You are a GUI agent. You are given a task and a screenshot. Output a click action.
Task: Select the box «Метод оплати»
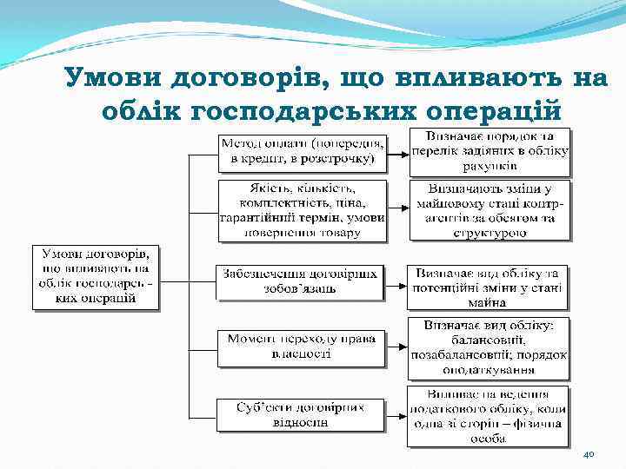[x=302, y=152]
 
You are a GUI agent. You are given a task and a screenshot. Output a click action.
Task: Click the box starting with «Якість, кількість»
[x=302, y=208]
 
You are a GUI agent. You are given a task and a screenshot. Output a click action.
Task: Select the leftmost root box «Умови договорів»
[x=96, y=277]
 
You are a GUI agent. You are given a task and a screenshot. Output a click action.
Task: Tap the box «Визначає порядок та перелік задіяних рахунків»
[x=489, y=151]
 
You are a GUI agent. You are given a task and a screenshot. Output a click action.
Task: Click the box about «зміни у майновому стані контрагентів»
[x=489, y=209]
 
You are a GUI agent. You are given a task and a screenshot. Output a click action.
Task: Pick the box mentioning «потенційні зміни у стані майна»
[x=489, y=287]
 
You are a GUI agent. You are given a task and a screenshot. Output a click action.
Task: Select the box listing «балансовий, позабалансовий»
[x=489, y=347]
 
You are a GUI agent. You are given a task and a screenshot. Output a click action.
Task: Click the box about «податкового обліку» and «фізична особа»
[x=489, y=415]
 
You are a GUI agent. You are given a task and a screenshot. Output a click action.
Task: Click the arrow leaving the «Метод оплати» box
[x=397, y=154]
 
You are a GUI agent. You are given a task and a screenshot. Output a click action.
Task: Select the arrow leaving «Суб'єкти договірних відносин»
[x=397, y=414]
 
